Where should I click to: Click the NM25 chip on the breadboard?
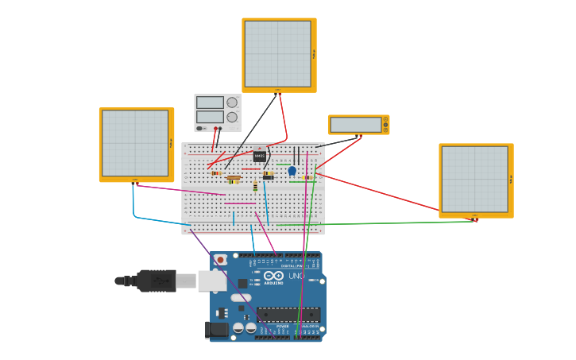click(x=260, y=156)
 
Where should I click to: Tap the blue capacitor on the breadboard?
click(x=292, y=171)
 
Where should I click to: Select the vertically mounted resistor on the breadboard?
click(x=255, y=187)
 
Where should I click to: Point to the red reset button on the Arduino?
click(x=220, y=260)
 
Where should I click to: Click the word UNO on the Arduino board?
click(x=296, y=276)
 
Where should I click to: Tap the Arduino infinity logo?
click(x=273, y=276)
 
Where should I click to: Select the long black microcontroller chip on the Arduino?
click(x=288, y=314)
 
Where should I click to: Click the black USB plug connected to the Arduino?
click(x=156, y=281)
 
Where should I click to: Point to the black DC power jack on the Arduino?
click(x=215, y=329)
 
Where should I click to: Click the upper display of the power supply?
click(x=210, y=103)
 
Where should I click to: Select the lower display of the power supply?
click(x=210, y=117)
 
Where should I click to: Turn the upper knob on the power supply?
click(x=232, y=103)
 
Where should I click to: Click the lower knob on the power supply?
click(x=232, y=117)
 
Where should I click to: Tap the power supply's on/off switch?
click(x=202, y=128)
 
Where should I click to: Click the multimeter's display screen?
click(x=355, y=125)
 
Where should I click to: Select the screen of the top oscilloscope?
click(x=277, y=54)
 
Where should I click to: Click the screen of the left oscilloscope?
click(x=135, y=143)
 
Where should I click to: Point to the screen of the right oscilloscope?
click(x=474, y=179)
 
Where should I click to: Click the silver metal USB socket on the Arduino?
click(x=211, y=281)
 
